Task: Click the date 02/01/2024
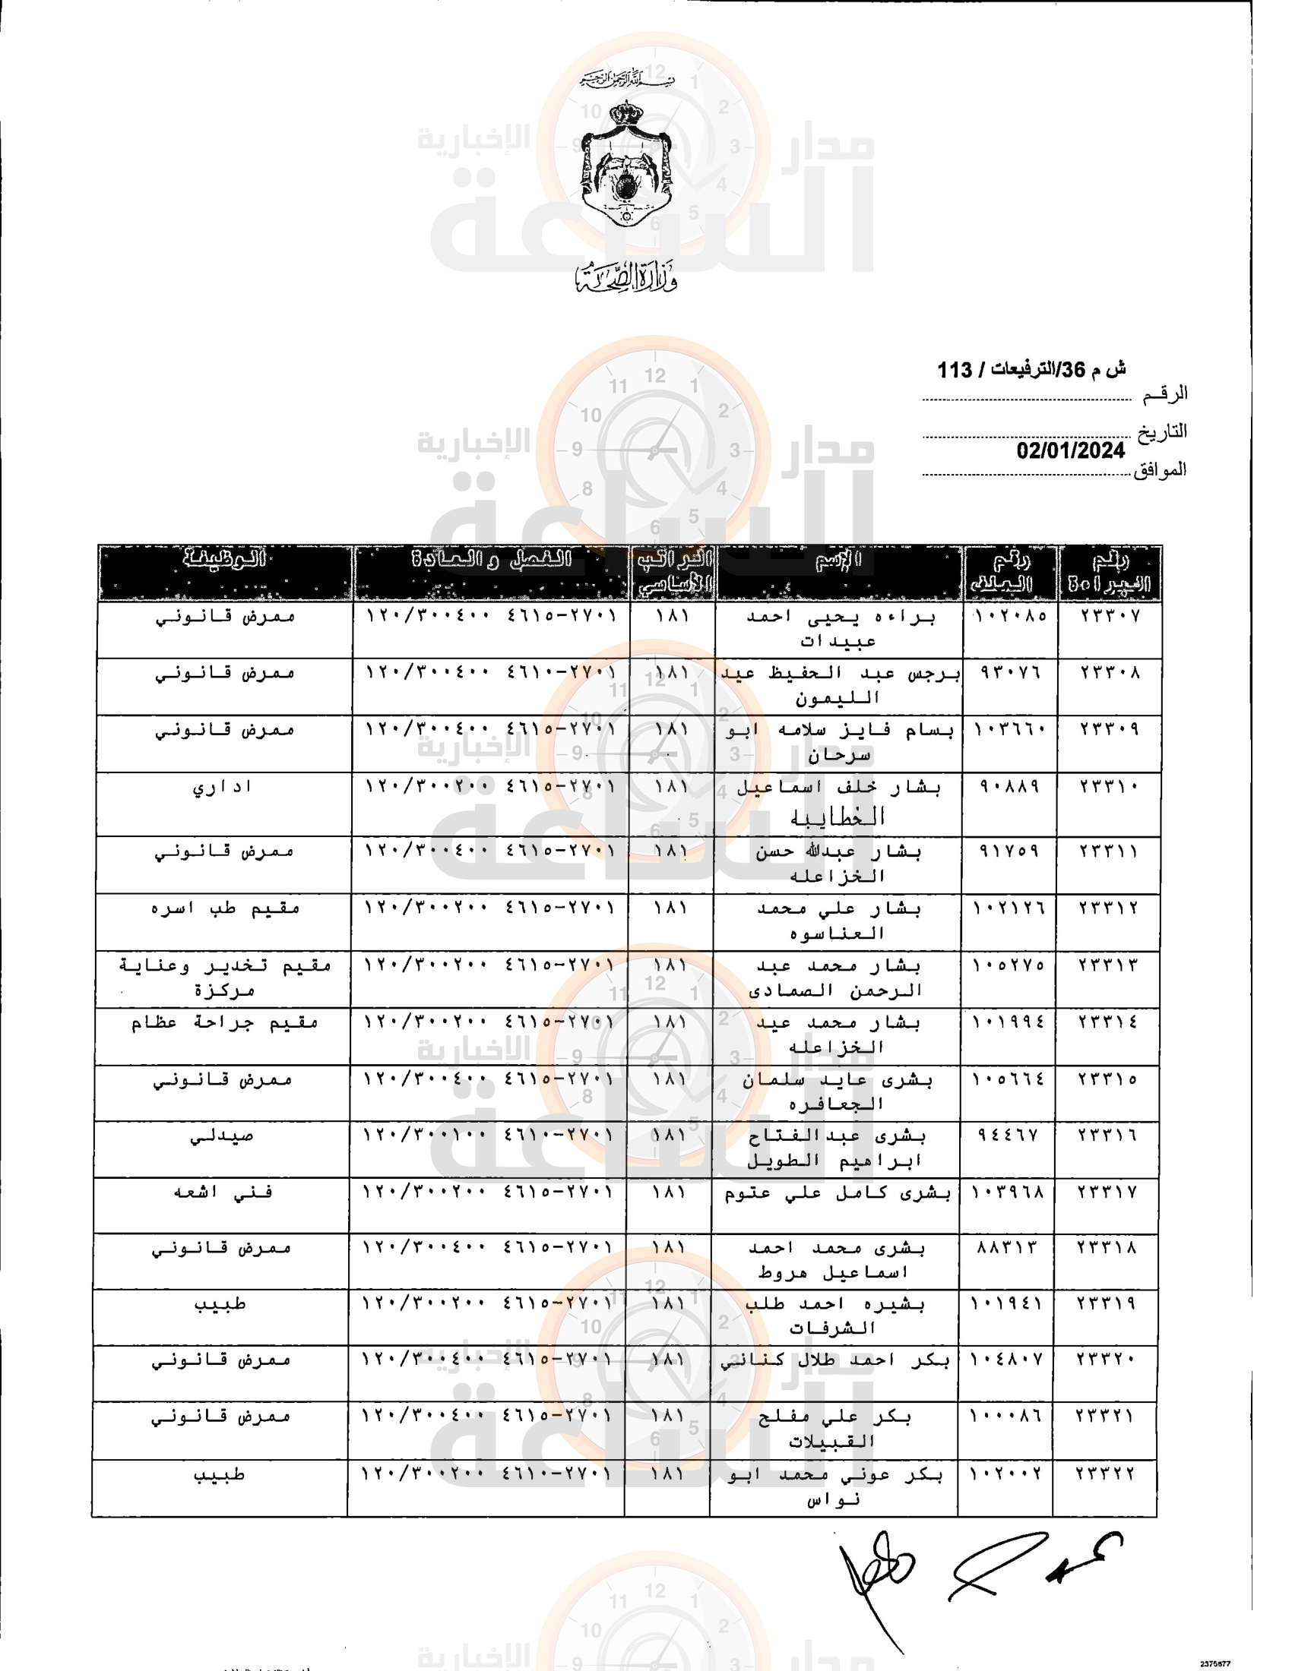coord(1070,450)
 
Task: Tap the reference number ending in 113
coord(1031,371)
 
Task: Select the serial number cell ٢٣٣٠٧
coord(1110,616)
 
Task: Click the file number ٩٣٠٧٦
coord(1010,673)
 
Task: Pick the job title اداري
coord(222,787)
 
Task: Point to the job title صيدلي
coord(222,1136)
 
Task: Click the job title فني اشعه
coord(222,1192)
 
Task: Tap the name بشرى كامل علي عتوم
coord(837,1192)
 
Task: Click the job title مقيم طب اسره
coord(225,908)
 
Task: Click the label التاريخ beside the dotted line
coord(1161,431)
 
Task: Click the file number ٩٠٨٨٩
coord(1010,787)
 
